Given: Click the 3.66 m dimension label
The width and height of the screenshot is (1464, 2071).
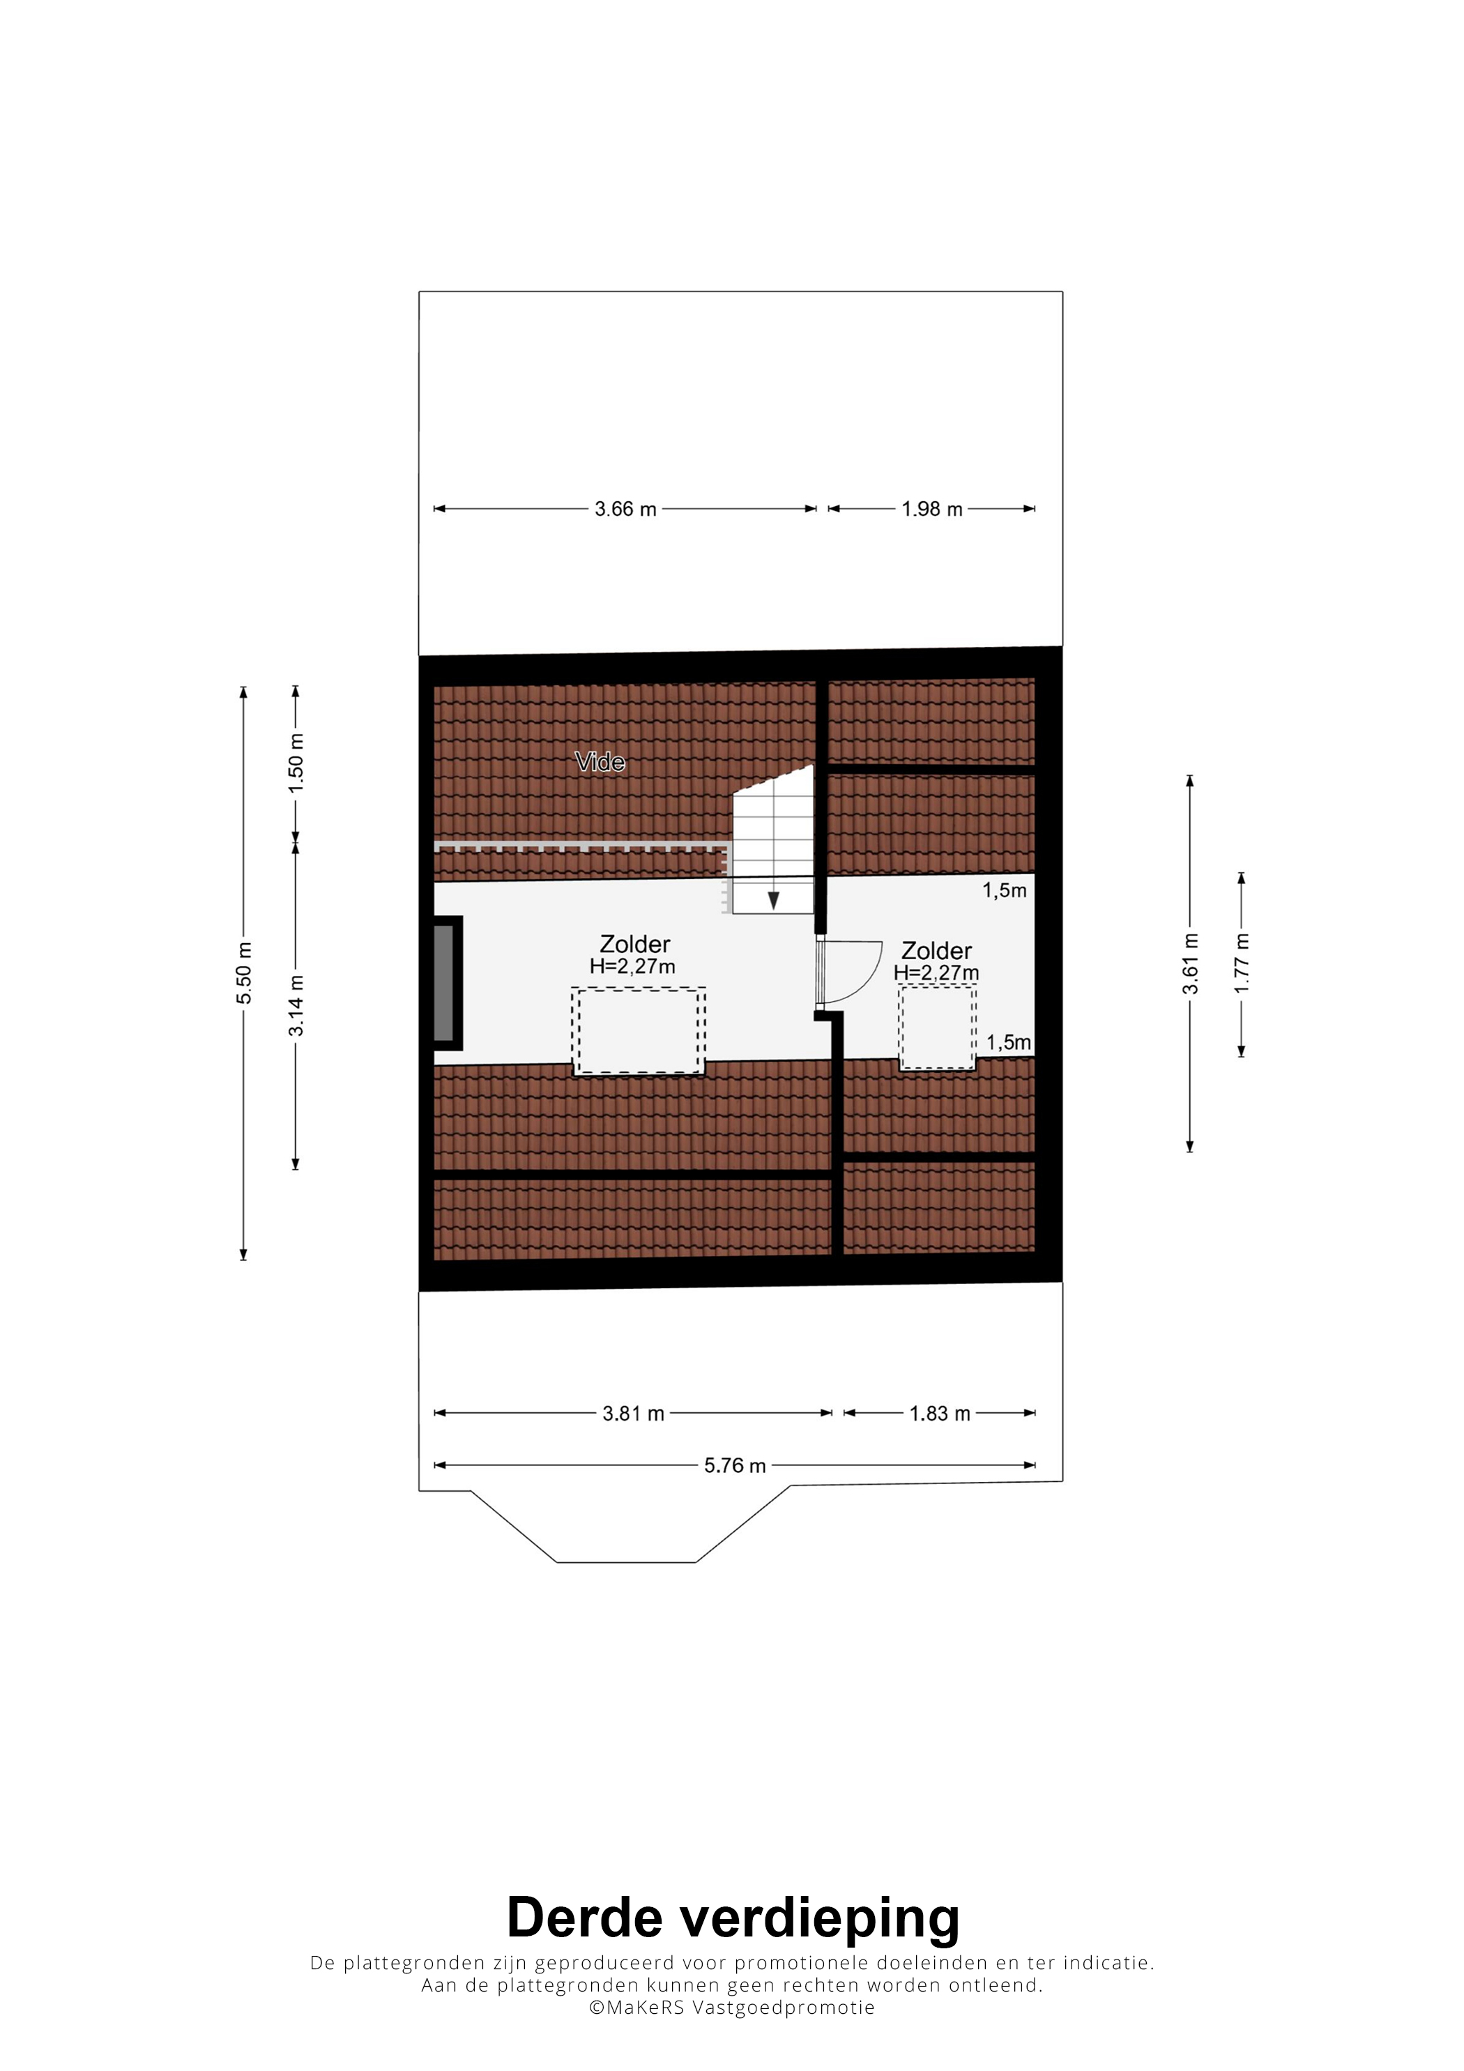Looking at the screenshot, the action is [625, 509].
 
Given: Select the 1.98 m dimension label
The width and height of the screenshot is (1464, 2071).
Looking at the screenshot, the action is [932, 509].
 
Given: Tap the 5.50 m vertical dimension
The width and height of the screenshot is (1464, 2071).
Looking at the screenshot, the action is [243, 972].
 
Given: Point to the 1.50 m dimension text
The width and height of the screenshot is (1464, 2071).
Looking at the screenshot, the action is [296, 762].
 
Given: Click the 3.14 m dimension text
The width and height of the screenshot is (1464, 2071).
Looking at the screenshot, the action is [296, 1006].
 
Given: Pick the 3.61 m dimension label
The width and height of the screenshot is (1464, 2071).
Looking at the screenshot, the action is [1191, 963].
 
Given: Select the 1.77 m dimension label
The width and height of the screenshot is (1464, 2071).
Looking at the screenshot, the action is [1242, 963].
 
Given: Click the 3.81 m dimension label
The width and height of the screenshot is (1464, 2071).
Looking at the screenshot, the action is [633, 1414].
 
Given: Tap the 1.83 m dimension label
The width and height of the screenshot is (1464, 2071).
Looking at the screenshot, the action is [940, 1414].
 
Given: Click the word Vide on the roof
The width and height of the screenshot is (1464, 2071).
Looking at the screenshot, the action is [600, 762].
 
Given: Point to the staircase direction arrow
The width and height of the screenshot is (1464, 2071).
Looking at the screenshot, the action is [773, 900].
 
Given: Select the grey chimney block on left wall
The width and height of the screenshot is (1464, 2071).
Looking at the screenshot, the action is [444, 982].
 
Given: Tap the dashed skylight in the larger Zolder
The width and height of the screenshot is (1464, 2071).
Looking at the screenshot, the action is [639, 1031].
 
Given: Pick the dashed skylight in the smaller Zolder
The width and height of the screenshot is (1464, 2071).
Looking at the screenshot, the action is [937, 1027].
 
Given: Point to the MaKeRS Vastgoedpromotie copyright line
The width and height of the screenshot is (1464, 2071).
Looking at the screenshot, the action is [731, 2008].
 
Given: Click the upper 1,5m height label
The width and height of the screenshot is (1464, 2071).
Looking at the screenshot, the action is [1005, 890].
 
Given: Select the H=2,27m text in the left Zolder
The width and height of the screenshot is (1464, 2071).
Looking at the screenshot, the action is [632, 966].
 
